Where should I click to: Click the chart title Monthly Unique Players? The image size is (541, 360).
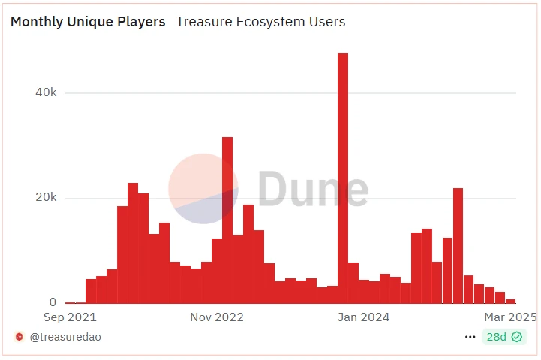tap(88, 22)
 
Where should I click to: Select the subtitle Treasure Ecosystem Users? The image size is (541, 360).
tap(260, 22)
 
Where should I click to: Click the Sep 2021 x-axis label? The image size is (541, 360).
tap(70, 317)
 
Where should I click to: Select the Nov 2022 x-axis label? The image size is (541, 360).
tap(217, 317)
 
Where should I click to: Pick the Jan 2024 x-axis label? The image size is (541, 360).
tap(364, 317)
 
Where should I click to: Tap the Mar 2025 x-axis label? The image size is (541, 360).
tap(511, 317)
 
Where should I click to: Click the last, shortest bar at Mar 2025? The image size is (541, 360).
tap(510, 301)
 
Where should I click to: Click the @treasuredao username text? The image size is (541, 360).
tap(65, 337)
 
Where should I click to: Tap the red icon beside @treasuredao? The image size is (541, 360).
tap(19, 337)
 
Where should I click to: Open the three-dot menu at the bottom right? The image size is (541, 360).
tap(470, 337)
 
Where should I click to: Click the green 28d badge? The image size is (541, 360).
tap(497, 337)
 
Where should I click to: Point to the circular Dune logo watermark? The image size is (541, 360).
tap(203, 189)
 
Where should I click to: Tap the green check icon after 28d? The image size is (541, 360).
tap(517, 337)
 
